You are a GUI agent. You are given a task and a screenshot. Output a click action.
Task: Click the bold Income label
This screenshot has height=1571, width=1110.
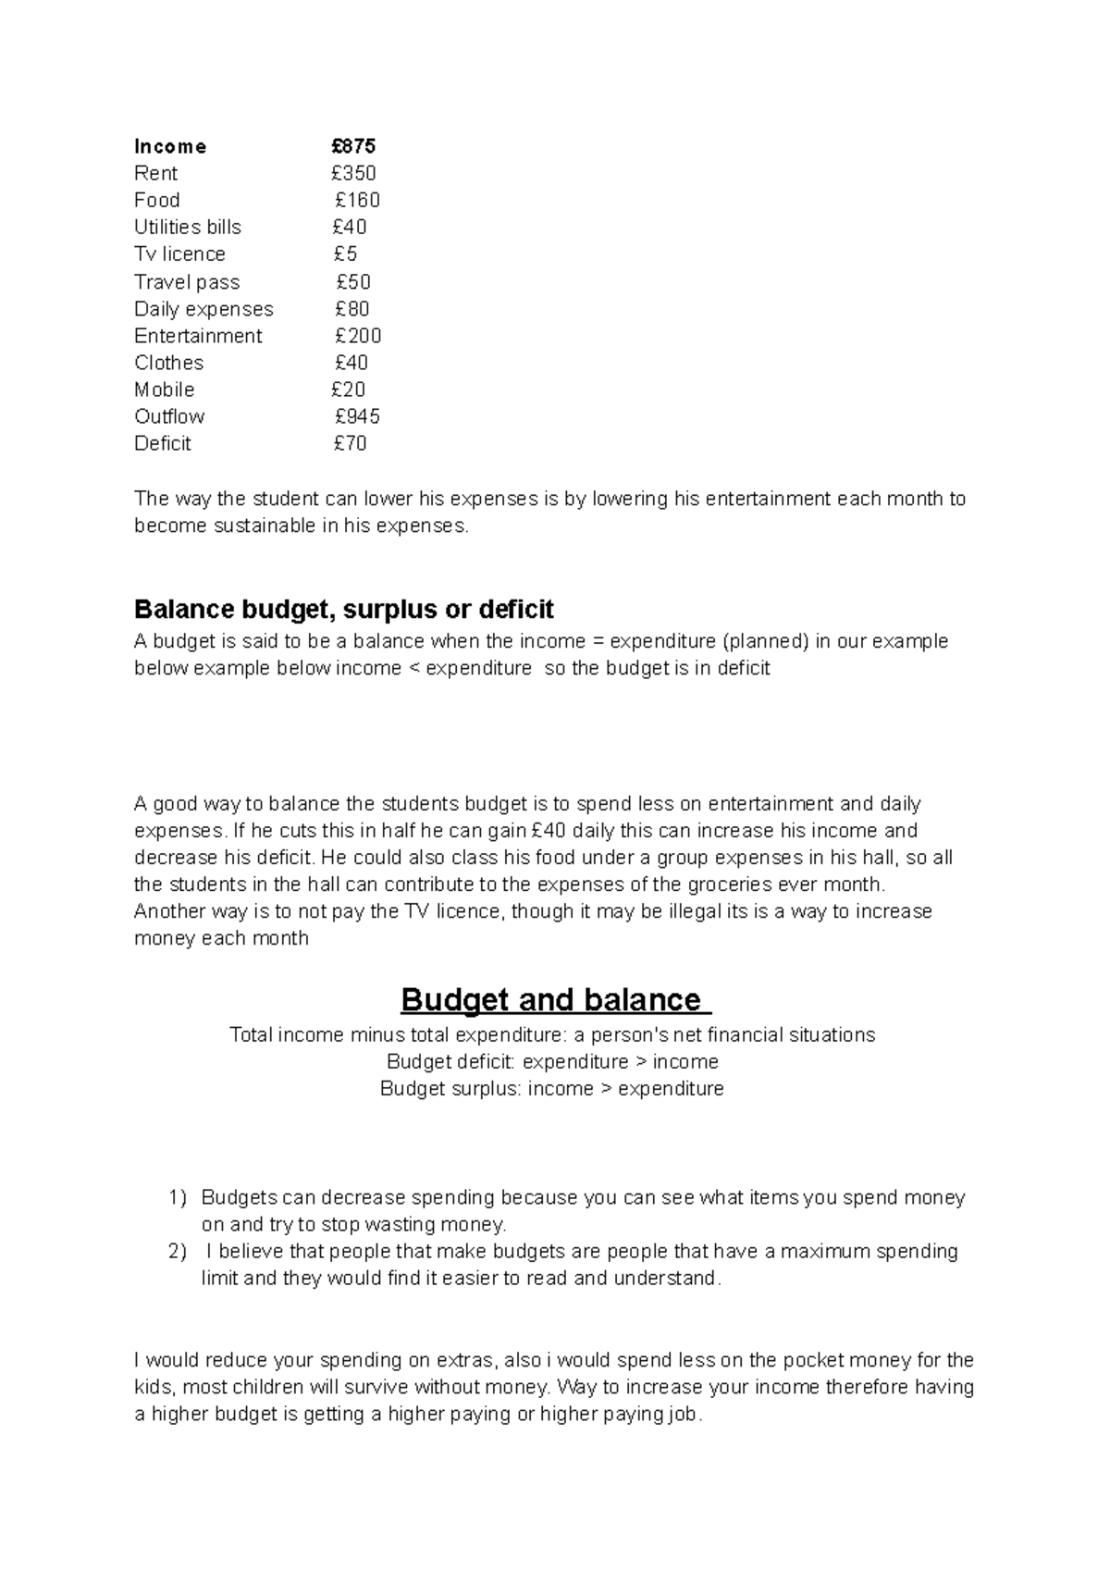pos(170,146)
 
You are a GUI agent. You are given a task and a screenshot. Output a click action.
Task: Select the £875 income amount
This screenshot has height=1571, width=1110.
pos(353,146)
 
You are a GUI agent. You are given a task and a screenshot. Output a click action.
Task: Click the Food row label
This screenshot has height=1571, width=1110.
pos(156,200)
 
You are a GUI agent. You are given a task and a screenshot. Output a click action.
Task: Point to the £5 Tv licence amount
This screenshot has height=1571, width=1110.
pos(345,254)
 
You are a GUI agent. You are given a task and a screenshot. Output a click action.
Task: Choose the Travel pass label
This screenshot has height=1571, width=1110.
pos(186,282)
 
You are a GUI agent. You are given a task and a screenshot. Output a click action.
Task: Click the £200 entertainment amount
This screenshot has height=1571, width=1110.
pos(357,336)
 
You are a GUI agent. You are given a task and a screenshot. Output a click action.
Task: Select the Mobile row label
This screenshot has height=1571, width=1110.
pos(164,390)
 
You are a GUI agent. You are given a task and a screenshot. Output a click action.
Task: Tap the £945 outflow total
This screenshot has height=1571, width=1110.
pos(357,416)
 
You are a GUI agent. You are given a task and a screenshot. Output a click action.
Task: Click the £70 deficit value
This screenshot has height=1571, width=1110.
pos(350,443)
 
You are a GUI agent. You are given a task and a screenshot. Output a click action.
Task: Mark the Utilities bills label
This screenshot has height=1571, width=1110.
pos(187,227)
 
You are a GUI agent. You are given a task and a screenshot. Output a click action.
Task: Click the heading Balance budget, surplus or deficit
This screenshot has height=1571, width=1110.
pos(343,609)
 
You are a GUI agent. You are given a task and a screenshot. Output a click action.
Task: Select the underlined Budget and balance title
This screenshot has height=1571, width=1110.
pos(555,1000)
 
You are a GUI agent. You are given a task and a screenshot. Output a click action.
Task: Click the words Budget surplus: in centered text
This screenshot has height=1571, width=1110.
pos(450,1089)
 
